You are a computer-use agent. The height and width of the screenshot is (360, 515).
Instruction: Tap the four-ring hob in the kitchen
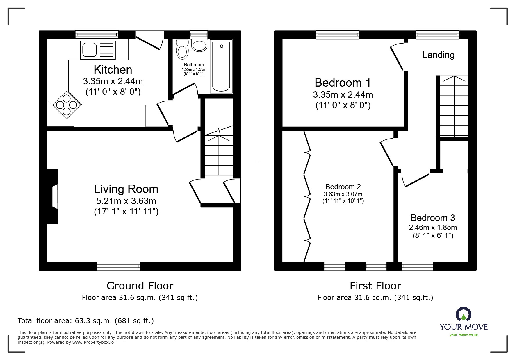pyautogui.click(x=67, y=105)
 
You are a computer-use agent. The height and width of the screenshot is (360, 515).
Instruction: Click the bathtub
pyautogui.click(x=221, y=66)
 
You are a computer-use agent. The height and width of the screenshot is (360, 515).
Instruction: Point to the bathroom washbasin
pyautogui.click(x=199, y=46)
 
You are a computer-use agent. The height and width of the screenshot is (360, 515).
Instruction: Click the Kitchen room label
pyautogui.click(x=113, y=70)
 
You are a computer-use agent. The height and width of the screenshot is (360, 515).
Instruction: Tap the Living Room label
pyautogui.click(x=126, y=189)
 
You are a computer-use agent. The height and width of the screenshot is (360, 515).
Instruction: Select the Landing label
pyautogui.click(x=438, y=55)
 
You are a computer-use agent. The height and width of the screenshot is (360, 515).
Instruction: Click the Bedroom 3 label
pyautogui.click(x=433, y=218)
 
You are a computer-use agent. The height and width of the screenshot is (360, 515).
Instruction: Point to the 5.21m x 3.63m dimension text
pyautogui.click(x=126, y=201)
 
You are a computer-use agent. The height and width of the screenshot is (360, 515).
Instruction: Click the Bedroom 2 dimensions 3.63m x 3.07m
pyautogui.click(x=343, y=194)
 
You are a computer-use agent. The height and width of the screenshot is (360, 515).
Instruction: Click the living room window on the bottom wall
pyautogui.click(x=119, y=266)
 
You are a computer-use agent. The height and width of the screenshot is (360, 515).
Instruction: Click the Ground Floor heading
pyautogui.click(x=140, y=286)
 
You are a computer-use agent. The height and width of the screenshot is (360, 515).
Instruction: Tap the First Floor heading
pyautogui.click(x=375, y=286)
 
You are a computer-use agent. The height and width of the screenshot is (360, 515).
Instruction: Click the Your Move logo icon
pyautogui.click(x=463, y=314)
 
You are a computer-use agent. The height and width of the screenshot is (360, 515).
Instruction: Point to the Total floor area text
pyautogui.click(x=86, y=321)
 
